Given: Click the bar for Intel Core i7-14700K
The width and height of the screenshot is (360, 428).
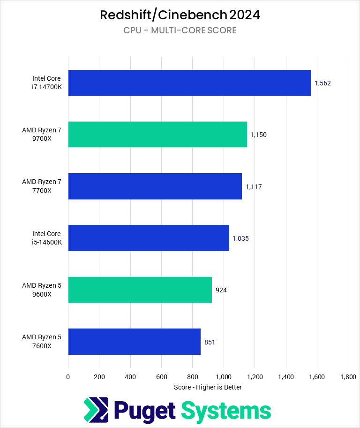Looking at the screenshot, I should point(189,83).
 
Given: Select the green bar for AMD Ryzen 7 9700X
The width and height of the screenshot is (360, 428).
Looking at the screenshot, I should point(157,135).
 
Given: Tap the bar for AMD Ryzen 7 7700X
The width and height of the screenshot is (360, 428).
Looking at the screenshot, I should point(155,186).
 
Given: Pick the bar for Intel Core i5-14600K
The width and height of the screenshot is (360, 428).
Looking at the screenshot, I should point(149,238).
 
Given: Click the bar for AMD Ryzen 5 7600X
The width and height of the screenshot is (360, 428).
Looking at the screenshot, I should point(134,342).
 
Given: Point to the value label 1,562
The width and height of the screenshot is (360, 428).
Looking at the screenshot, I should point(323,83).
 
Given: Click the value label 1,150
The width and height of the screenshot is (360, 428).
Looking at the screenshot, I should point(258,135).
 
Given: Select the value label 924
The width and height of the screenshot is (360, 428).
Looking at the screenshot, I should point(221,290).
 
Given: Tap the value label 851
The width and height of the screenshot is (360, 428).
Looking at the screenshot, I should point(210,342).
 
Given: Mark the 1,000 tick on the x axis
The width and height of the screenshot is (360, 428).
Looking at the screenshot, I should point(223,376).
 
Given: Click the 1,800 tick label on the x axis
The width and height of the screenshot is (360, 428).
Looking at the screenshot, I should point(347,376).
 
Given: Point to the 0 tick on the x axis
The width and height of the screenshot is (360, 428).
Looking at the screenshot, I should point(68,376).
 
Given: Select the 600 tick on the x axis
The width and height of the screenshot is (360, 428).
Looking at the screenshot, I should point(161,376).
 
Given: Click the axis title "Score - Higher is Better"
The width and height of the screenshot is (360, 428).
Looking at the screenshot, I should point(208,387).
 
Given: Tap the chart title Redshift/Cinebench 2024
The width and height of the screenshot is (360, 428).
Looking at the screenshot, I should point(180,15).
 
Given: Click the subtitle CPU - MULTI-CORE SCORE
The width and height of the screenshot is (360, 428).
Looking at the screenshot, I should point(180,31).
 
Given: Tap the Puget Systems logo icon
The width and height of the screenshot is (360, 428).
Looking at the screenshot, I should point(96,410).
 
